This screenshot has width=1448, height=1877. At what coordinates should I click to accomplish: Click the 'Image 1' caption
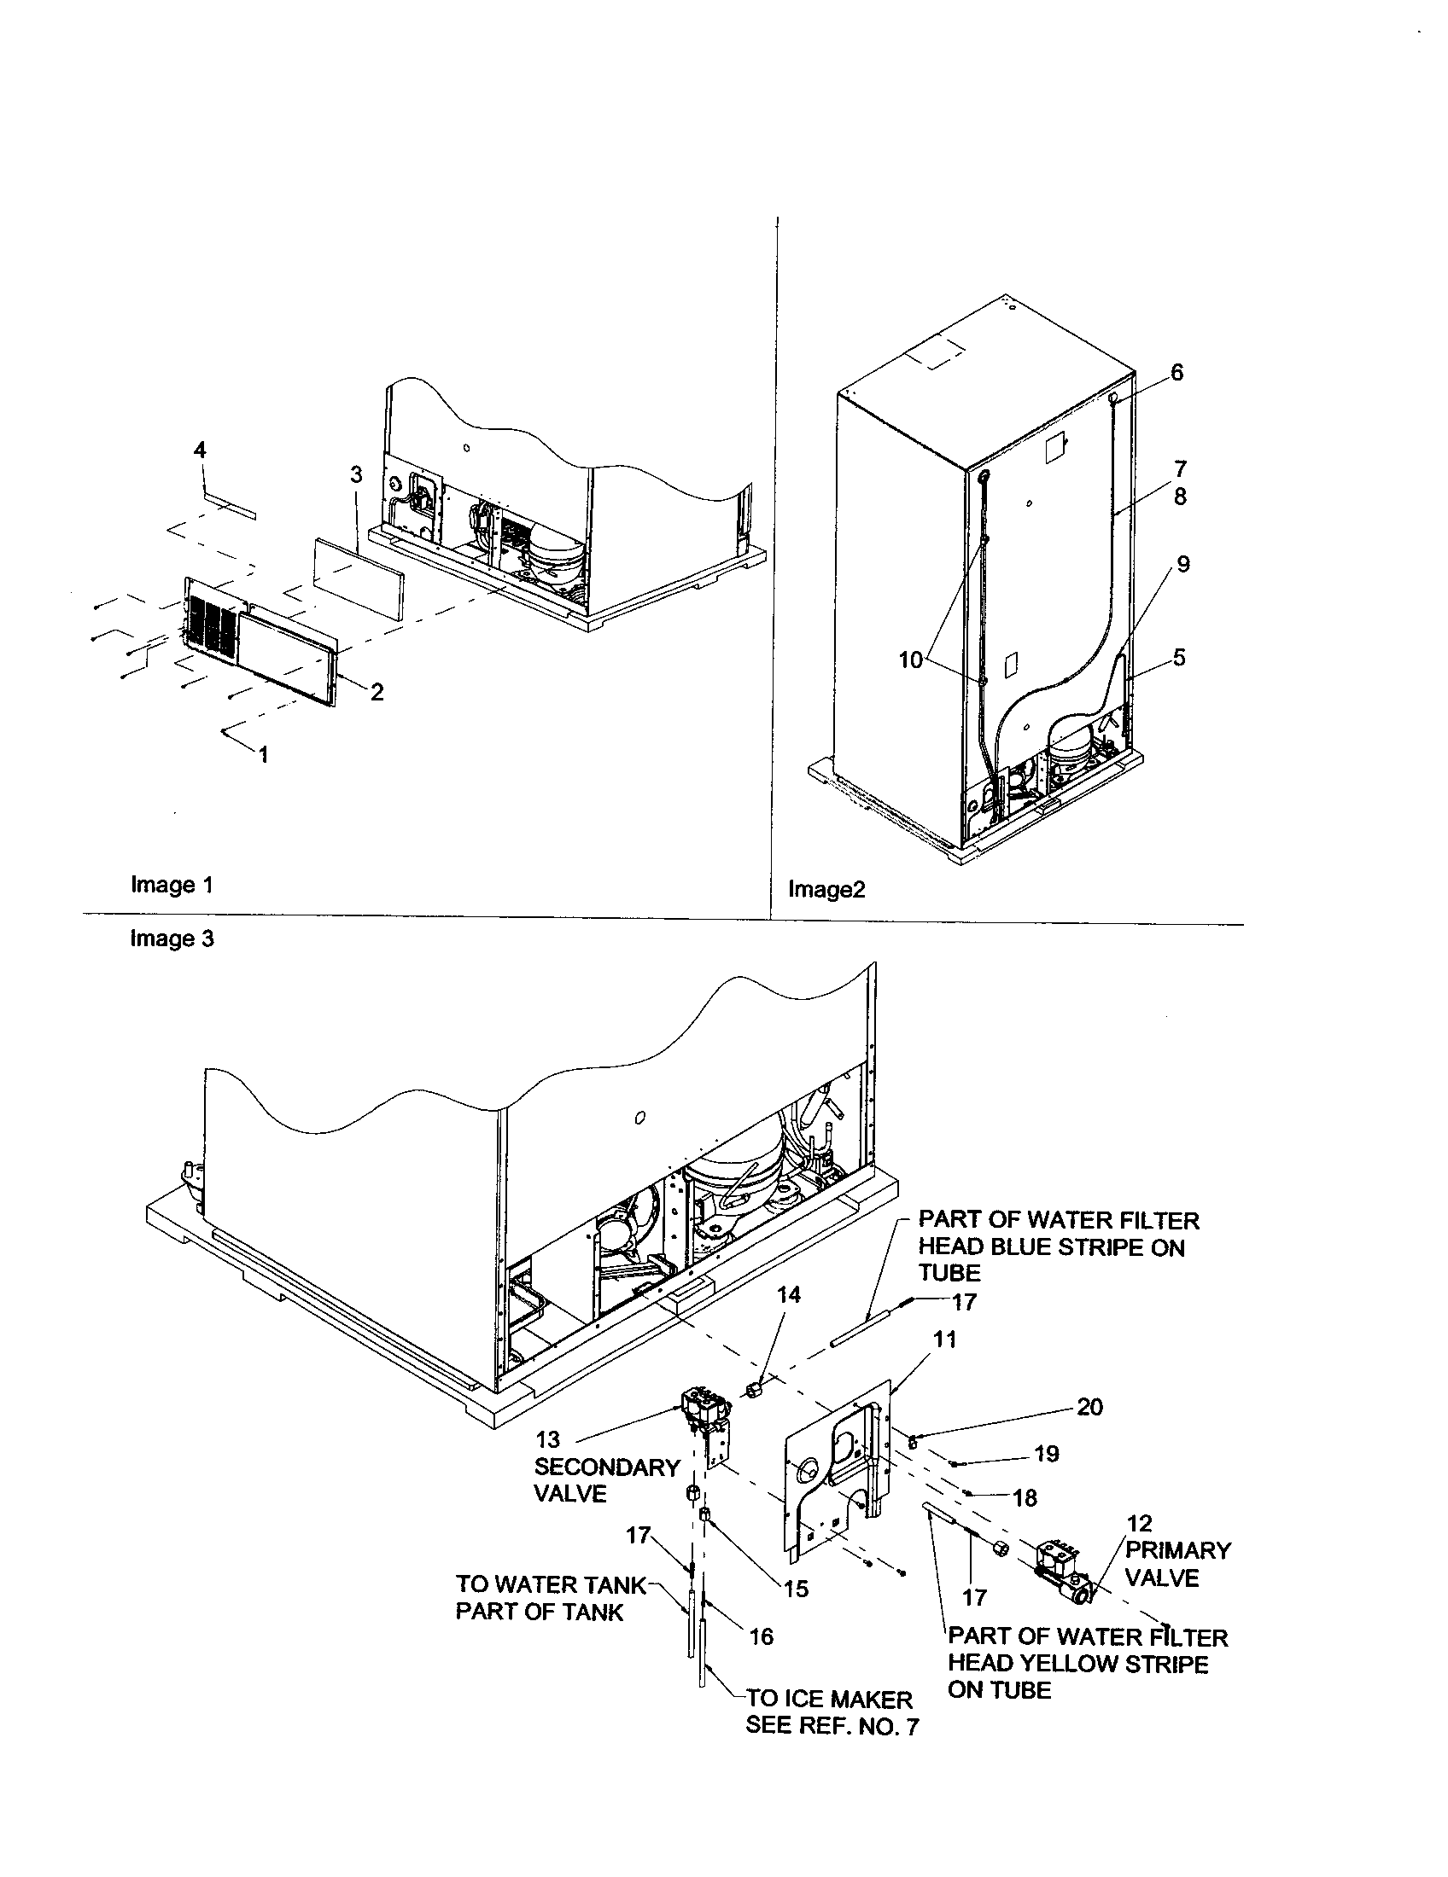(171, 885)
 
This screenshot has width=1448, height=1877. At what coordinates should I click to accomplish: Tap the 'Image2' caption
(826, 890)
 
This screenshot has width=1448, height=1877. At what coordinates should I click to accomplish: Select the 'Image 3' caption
(171, 938)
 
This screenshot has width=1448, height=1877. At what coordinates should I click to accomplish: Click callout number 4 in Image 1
(200, 450)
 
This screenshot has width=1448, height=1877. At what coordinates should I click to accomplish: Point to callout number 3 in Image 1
(356, 474)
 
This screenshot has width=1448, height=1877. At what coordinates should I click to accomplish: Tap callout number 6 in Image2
(1176, 372)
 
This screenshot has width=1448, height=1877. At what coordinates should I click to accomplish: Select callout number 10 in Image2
(910, 660)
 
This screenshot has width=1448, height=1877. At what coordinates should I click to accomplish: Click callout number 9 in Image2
(1183, 565)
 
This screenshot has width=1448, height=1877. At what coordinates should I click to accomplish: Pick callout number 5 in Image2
(1179, 658)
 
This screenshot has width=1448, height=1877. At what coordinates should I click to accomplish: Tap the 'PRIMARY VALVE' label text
(1178, 1565)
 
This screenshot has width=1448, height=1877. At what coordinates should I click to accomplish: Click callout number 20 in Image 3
(1089, 1407)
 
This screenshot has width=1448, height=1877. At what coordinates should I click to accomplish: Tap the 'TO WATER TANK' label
(551, 1584)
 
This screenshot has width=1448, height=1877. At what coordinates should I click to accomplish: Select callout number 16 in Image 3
(761, 1636)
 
